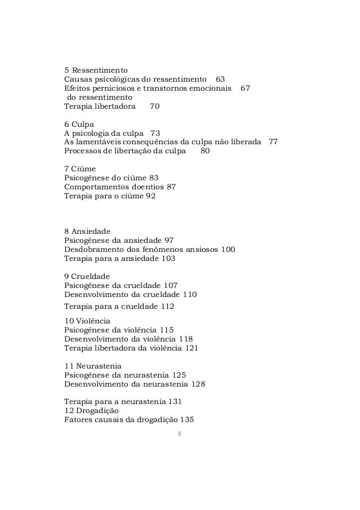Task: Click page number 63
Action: point(220,79)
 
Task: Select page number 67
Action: point(245,88)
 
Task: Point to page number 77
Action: point(273,142)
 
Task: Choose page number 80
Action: point(205,151)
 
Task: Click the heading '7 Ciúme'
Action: point(80,169)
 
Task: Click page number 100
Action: point(228,250)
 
